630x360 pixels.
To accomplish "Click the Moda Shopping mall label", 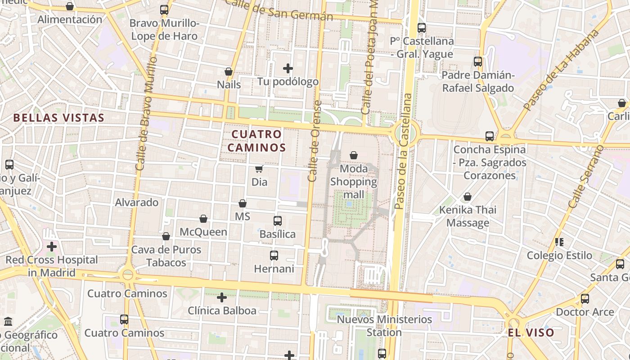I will click(354, 182).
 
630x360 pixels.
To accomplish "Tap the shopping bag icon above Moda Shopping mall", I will click(354, 155).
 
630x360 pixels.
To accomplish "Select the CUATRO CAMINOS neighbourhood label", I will click(256, 140).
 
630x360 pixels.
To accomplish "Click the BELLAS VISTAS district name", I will click(58, 118).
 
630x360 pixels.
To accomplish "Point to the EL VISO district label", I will click(531, 333).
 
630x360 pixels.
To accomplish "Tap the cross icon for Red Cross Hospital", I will click(52, 247).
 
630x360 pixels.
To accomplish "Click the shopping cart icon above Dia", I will click(259, 169).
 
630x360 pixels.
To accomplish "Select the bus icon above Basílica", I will click(278, 221).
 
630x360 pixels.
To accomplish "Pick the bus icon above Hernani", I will click(274, 256).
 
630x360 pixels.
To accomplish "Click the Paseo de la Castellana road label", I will click(403, 151).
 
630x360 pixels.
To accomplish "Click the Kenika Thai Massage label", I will click(468, 216).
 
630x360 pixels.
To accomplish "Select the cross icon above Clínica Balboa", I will click(221, 297).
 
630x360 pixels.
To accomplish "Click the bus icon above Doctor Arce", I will click(585, 298).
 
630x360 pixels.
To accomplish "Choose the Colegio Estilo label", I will click(559, 255).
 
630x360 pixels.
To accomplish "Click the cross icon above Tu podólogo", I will click(288, 68).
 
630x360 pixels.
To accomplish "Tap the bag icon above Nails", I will click(229, 72).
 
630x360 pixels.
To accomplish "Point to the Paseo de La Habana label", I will click(562, 70).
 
